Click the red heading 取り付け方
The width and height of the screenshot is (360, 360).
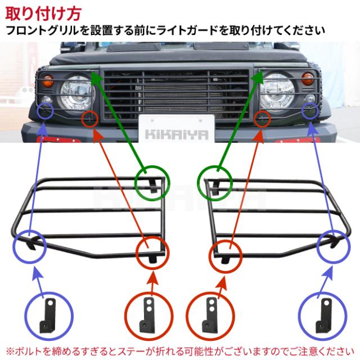coord(43,13)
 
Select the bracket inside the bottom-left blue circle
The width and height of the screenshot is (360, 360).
coord(48,316)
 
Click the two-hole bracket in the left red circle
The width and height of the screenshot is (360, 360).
coord(147,314)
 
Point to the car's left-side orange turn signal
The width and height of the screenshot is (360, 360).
coord(48,80)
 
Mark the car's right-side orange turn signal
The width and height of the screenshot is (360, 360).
coord(308,79)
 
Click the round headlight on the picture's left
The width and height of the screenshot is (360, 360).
coord(76,94)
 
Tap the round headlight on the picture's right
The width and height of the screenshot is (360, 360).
coord(277,91)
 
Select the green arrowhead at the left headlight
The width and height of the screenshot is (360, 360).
coord(96,78)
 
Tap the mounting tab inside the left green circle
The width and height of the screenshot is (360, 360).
coord(153,186)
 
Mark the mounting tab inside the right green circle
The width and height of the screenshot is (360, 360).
coord(215,186)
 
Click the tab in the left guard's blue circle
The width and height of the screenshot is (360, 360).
coord(31,244)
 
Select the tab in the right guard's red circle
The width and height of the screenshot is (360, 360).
coord(225,260)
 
